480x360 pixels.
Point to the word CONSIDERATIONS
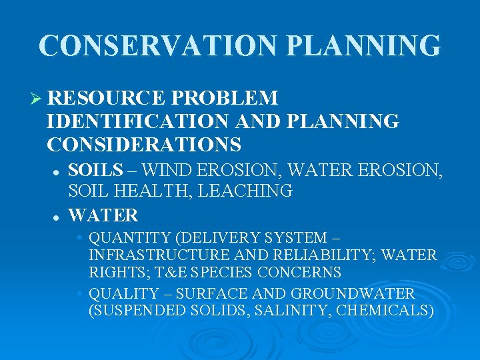(145, 144)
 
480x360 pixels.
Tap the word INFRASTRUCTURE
(161, 255)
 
